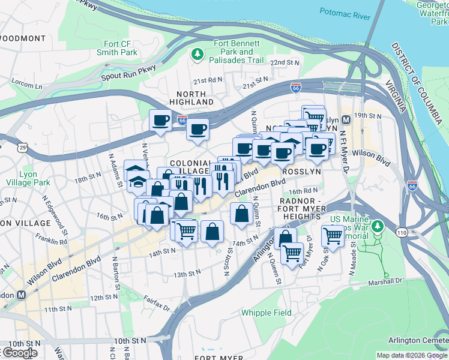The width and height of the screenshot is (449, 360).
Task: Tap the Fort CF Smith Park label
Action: (x=120, y=48)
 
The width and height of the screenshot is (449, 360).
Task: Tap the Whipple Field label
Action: (x=266, y=313)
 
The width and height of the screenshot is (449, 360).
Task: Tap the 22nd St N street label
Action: (x=284, y=62)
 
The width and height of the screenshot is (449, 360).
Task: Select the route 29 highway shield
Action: (x=22, y=147)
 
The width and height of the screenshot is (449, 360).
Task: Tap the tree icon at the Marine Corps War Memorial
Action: (x=377, y=226)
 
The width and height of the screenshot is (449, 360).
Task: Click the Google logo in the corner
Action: (x=20, y=353)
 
